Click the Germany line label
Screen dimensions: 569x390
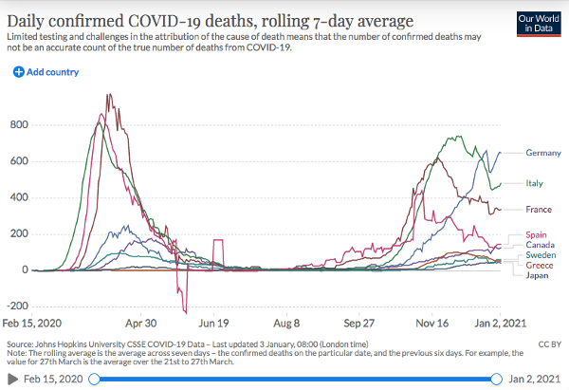coord(543,153)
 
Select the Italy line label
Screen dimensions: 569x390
coord(535,183)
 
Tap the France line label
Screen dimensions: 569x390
coord(539,210)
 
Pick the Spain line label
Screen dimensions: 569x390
coord(536,235)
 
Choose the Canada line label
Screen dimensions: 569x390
coord(540,245)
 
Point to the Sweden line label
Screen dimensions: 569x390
coord(541,255)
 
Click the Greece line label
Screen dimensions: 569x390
coord(540,266)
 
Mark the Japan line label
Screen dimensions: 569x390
coord(537,275)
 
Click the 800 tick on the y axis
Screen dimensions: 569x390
coord(19,125)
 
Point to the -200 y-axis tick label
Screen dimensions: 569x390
coord(17,306)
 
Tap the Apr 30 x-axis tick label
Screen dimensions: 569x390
coord(140,324)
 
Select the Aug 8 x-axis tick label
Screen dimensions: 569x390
coord(286,324)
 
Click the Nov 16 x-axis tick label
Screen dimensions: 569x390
coord(431,324)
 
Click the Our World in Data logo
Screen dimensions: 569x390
coord(539,24)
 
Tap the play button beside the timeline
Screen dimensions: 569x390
coord(12,380)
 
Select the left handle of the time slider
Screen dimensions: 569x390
coord(94,380)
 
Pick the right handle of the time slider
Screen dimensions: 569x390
coord(496,380)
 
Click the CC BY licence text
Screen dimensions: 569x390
coord(550,344)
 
